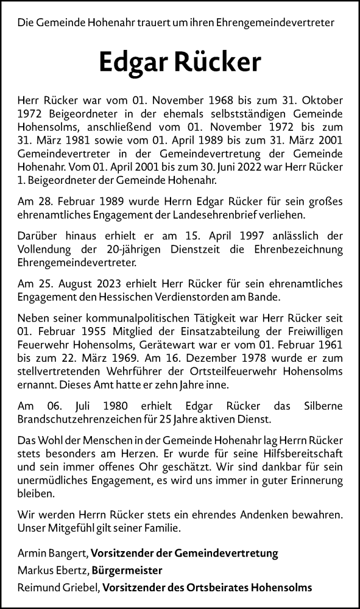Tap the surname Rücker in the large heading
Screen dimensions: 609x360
(x=220, y=62)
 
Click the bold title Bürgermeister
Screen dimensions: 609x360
(x=127, y=571)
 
